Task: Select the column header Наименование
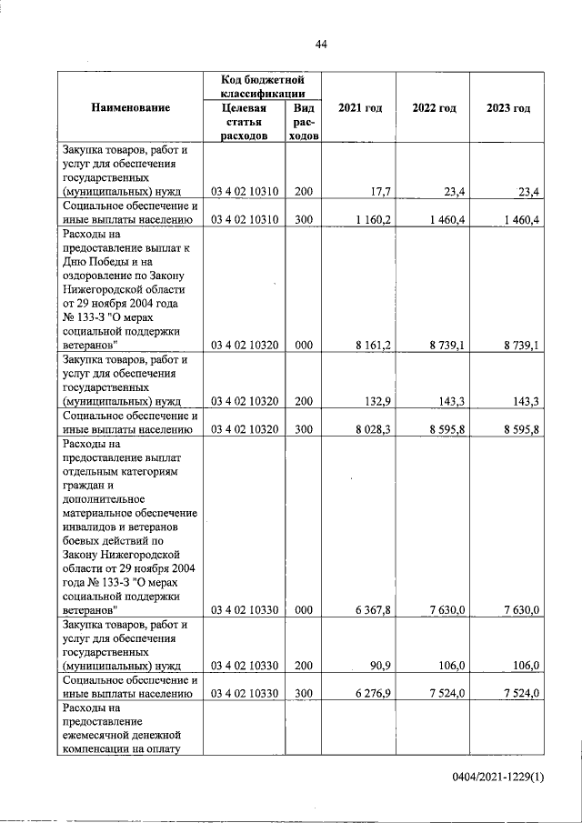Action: click(x=130, y=108)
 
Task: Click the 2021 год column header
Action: click(x=359, y=108)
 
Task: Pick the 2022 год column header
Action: click(x=434, y=108)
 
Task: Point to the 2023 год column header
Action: click(x=507, y=108)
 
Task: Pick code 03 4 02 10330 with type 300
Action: click(x=246, y=694)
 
